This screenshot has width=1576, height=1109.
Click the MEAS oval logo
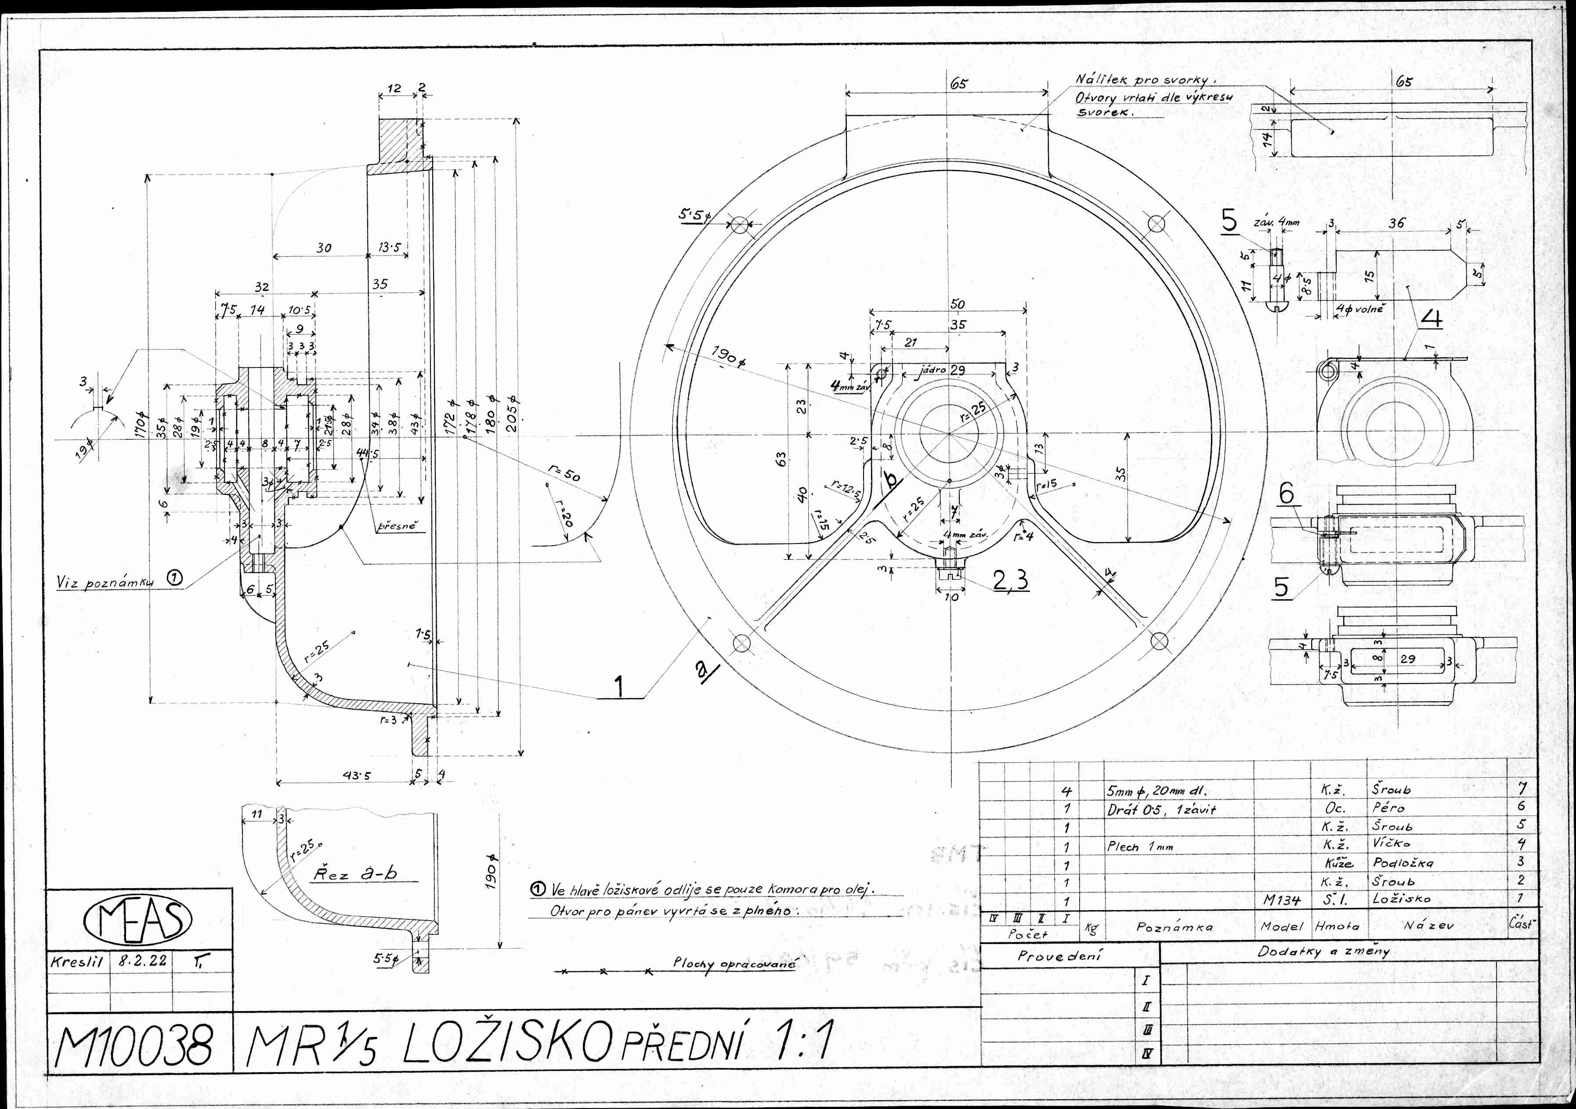point(137,920)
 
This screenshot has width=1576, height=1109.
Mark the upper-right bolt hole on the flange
point(1157,224)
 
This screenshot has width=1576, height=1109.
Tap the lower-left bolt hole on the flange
point(741,644)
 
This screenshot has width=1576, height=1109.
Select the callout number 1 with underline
point(619,686)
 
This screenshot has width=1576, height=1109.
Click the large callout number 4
point(1431,318)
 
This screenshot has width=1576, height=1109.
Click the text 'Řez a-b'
point(355,874)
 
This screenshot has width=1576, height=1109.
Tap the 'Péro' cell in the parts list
point(1388,808)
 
